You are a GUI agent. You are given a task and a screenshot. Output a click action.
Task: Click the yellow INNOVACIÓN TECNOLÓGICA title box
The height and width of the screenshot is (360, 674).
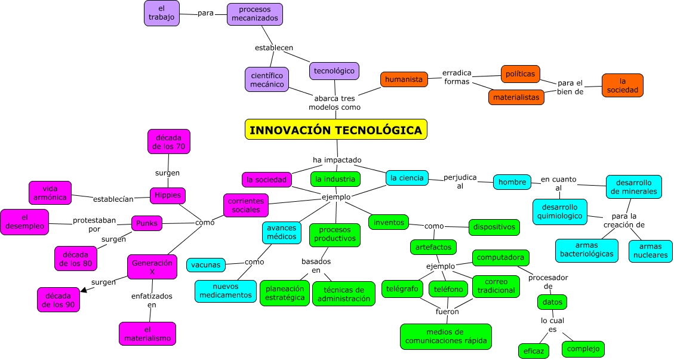click(336, 130)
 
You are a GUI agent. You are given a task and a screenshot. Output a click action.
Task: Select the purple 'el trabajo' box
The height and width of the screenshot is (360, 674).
click(161, 13)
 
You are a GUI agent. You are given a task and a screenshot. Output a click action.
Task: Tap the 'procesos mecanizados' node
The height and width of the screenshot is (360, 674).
click(255, 14)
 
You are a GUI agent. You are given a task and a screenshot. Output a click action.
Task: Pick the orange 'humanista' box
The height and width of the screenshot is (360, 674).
click(404, 79)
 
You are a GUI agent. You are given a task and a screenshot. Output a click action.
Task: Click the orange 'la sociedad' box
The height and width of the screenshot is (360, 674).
click(622, 85)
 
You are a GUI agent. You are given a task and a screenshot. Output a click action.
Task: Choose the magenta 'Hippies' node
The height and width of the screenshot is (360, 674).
click(168, 195)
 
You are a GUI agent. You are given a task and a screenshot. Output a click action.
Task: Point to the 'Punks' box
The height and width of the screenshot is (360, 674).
click(146, 223)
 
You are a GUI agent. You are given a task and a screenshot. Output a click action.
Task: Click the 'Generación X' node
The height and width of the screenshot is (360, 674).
click(152, 267)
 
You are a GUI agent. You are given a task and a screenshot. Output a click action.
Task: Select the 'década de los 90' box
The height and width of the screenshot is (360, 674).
click(59, 300)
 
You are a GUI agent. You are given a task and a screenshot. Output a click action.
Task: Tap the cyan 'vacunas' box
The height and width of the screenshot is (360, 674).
click(205, 264)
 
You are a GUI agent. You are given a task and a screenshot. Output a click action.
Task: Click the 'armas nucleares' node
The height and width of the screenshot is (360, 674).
click(650, 251)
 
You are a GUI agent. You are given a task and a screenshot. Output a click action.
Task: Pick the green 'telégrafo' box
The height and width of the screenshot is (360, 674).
click(402, 289)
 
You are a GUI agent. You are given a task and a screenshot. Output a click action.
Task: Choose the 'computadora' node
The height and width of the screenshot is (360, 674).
click(500, 258)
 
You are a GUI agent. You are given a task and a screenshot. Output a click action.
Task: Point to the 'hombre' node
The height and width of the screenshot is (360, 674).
click(512, 181)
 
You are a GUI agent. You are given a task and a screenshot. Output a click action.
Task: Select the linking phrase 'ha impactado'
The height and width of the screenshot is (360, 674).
click(337, 159)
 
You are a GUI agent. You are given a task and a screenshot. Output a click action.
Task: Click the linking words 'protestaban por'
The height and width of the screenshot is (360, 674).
click(94, 224)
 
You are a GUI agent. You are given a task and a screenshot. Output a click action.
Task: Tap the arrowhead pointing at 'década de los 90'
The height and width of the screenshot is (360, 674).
click(84, 290)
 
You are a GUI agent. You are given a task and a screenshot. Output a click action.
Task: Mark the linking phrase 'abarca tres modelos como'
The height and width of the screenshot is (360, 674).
click(334, 103)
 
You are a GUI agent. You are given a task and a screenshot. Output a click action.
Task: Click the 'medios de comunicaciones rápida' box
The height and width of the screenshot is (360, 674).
click(445, 336)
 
